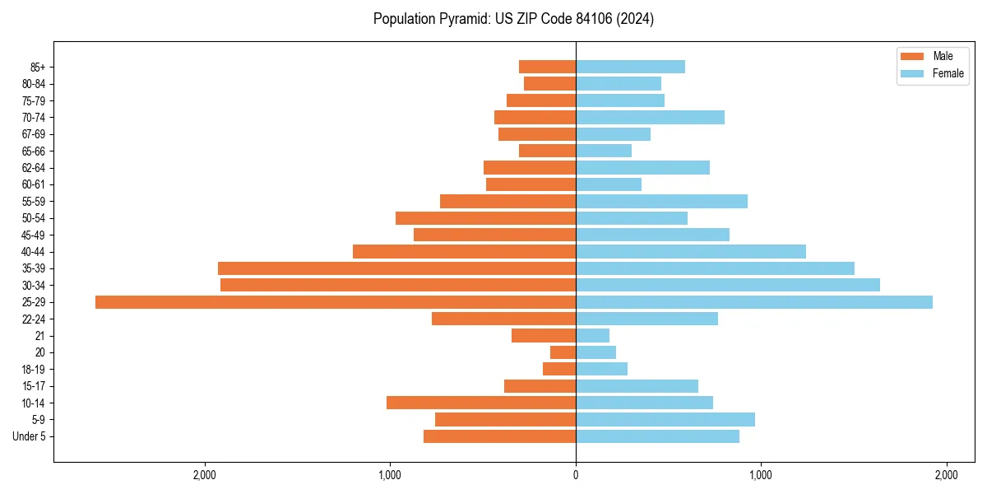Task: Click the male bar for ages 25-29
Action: click(x=336, y=302)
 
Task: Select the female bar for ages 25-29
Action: click(x=754, y=302)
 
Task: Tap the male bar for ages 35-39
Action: click(x=396, y=268)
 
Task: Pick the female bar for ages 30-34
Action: click(x=728, y=285)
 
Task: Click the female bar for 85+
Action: click(x=630, y=67)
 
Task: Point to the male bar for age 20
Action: click(x=563, y=352)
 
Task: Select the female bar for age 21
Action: click(x=592, y=336)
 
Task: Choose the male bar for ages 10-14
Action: click(x=481, y=403)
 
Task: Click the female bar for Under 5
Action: click(x=657, y=436)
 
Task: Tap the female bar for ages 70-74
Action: click(x=650, y=118)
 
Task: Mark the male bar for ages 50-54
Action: click(x=485, y=218)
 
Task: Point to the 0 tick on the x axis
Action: click(x=576, y=475)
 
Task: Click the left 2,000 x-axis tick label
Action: click(x=204, y=475)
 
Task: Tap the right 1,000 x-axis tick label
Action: click(x=761, y=475)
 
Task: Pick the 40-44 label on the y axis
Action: click(x=34, y=252)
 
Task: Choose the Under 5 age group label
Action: click(x=29, y=436)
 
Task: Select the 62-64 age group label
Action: click(x=34, y=168)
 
